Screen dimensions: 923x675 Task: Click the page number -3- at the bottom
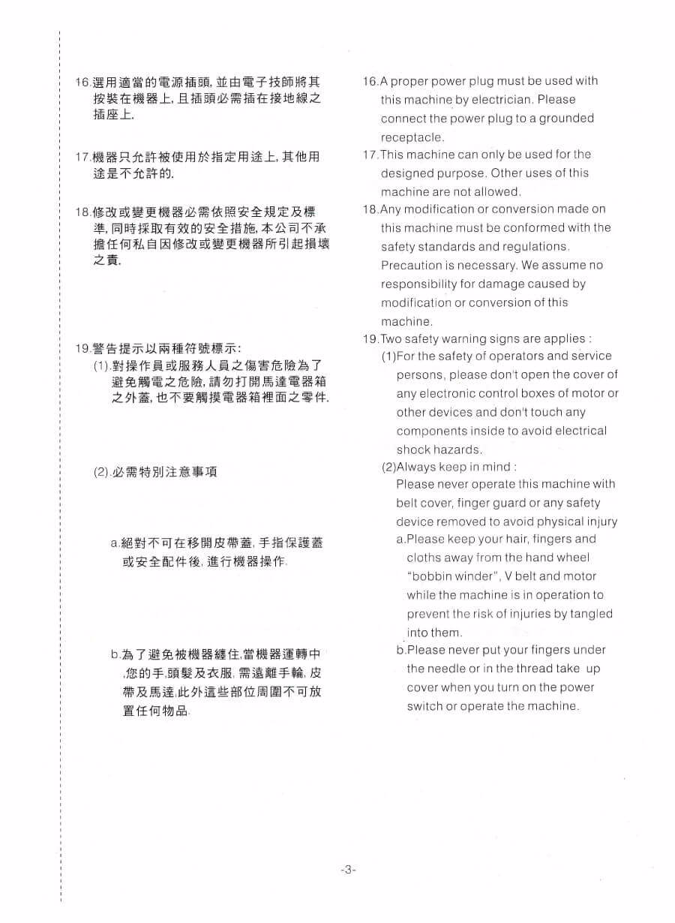click(x=347, y=869)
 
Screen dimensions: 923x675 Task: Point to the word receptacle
click(x=412, y=137)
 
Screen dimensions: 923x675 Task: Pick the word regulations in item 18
click(x=535, y=246)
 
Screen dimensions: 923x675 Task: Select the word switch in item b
click(x=424, y=706)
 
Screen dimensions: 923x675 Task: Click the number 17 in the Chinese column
click(x=82, y=157)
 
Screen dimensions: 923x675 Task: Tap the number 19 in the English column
click(x=370, y=338)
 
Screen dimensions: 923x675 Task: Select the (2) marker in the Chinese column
click(x=101, y=472)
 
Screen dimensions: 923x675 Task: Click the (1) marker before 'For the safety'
click(x=388, y=356)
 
